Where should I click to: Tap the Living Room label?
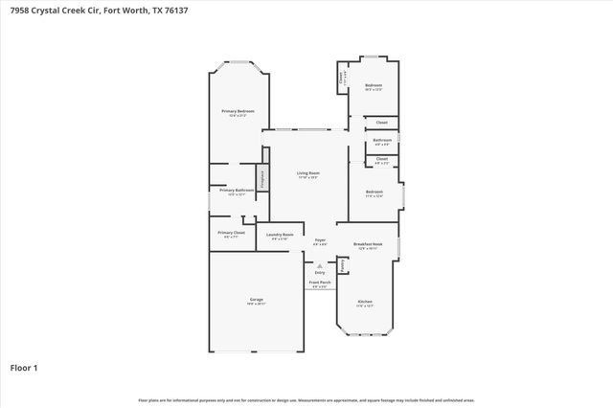tap(307, 173)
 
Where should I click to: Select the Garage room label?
tap(257, 299)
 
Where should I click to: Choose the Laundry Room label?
tap(280, 235)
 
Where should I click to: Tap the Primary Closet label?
tap(232, 233)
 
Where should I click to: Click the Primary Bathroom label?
tap(237, 190)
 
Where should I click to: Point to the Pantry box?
tap(342, 263)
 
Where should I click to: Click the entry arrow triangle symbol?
tap(320, 265)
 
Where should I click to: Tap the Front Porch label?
tap(320, 283)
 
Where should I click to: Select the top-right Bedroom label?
tap(374, 86)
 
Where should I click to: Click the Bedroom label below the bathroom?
tap(374, 193)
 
